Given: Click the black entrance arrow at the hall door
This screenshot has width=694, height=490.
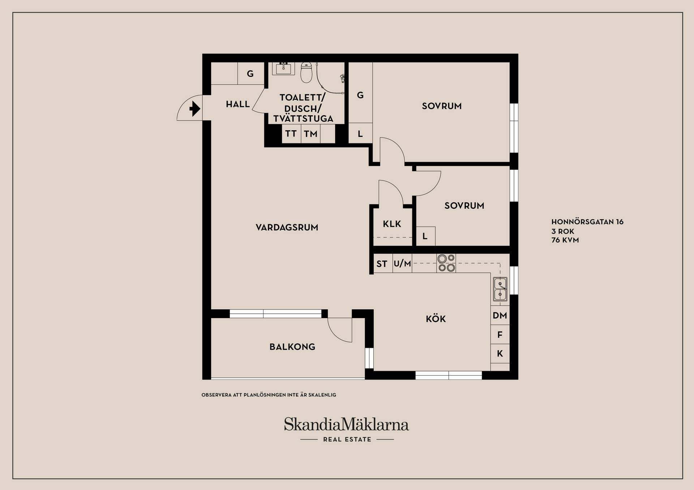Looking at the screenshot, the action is coord(195,108).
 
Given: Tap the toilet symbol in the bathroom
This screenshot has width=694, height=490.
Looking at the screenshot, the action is coord(306,72).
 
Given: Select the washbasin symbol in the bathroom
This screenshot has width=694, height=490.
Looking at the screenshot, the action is coord(283,69).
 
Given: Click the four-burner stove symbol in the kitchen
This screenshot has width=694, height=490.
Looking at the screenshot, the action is coord(446,263).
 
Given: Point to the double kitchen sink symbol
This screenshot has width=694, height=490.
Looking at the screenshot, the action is coord(500,289).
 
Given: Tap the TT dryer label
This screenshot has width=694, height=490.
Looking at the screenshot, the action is coord(291,134).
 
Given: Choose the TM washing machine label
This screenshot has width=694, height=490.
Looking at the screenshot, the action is coord(310,134).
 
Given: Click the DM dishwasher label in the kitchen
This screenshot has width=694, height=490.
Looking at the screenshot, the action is coord(500,315).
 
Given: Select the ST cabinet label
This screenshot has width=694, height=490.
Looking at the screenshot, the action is coord(382,264).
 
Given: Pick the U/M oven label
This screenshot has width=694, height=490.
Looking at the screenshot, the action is coord(402,263).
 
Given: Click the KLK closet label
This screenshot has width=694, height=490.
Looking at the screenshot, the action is coord(392,224).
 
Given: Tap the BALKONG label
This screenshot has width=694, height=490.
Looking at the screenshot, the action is coord(292,347).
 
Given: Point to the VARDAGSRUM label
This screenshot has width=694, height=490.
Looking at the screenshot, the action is coord(287,227).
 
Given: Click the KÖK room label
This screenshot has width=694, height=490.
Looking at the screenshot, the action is coord(436,318).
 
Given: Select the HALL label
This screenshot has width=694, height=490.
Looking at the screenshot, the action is coord(238,104).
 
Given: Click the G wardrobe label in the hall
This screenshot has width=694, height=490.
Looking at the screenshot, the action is coord(250,74).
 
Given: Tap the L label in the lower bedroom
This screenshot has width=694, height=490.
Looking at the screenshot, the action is coord(425,236).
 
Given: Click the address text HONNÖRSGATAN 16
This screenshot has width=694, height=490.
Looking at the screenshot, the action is coord(587,222).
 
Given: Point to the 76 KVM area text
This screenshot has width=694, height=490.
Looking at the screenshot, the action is coord(565,240).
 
